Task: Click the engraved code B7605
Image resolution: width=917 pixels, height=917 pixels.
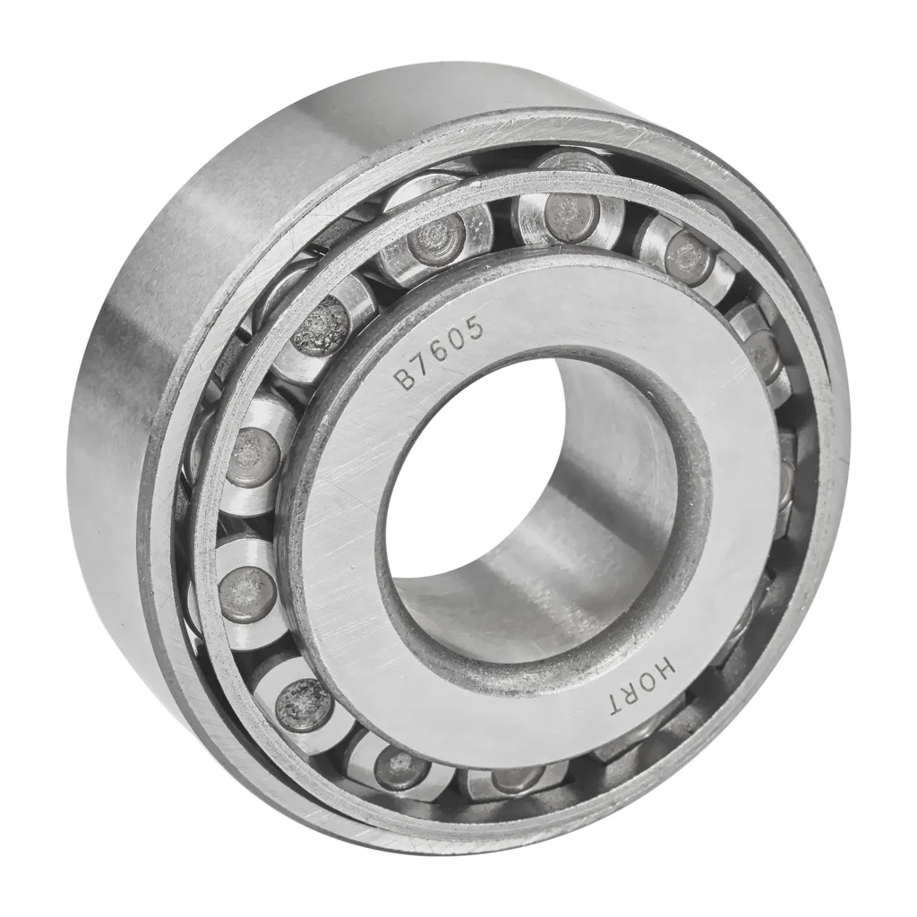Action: point(441,355)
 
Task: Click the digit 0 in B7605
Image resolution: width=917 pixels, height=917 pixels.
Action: point(459,341)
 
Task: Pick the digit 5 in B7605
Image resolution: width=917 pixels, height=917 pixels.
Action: point(476,330)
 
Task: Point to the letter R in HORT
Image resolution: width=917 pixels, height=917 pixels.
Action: point(636,695)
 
